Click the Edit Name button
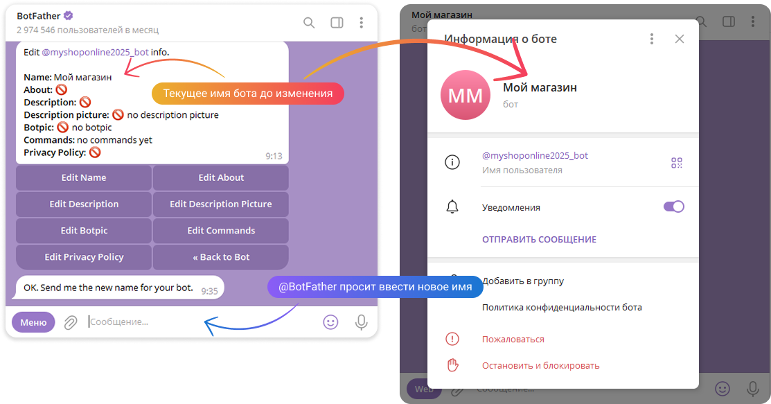[84, 177]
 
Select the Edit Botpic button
[84, 231]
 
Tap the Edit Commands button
[221, 231]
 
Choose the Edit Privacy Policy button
[84, 257]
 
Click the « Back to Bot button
[221, 257]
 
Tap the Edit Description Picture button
[221, 204]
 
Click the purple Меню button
[33, 322]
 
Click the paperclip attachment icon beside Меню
[70, 322]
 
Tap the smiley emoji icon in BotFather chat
[331, 322]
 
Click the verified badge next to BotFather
[69, 16]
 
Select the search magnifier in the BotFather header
[310, 23]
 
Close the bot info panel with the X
[680, 39]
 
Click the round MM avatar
[466, 94]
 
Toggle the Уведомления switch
[673, 207]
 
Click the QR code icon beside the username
[677, 163]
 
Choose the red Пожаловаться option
[513, 340]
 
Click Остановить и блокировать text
[540, 365]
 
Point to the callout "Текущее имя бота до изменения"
[247, 94]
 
